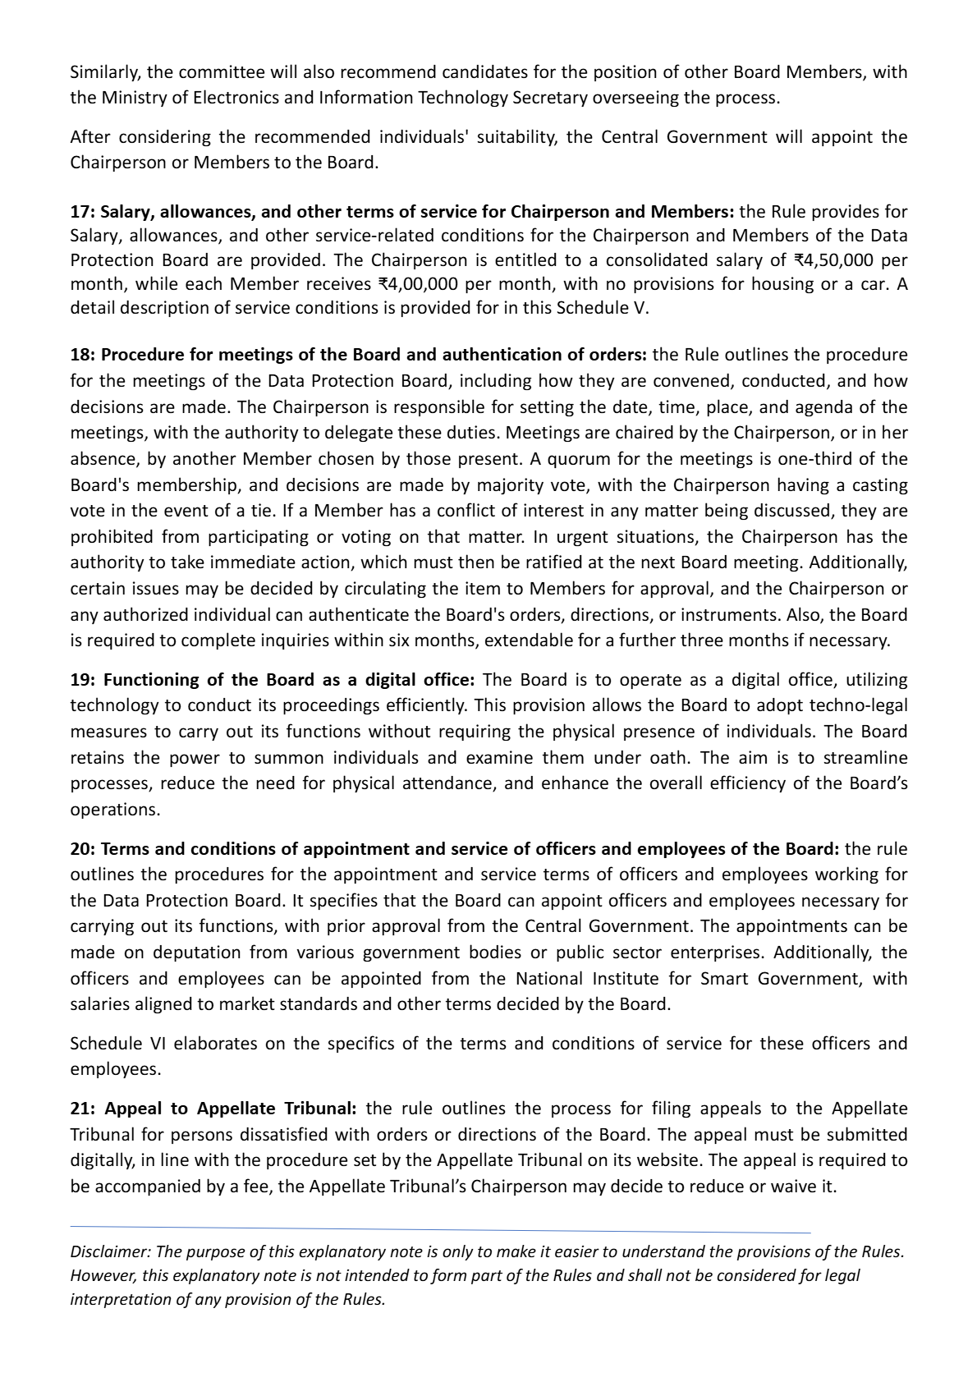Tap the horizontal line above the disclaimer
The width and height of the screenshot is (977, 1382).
click(440, 1230)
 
